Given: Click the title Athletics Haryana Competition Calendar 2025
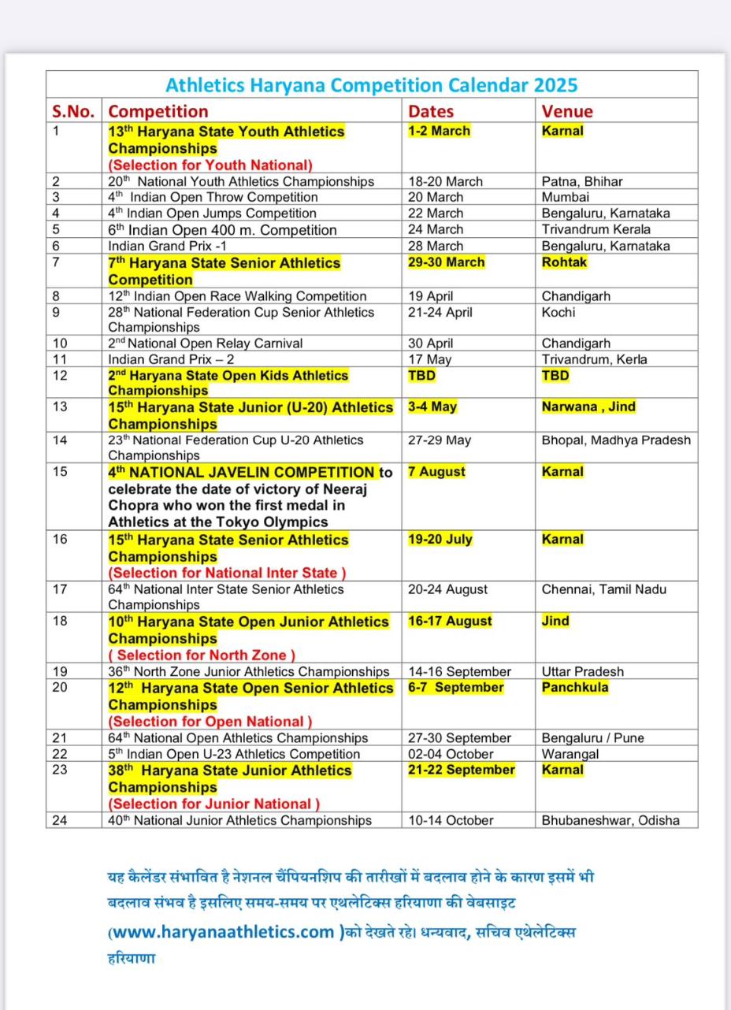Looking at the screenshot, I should [372, 85].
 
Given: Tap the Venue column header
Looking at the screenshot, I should [567, 111].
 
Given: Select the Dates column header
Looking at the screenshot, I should [431, 111].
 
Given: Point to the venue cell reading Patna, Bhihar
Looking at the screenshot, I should [582, 181].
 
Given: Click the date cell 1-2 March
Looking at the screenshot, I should [439, 131].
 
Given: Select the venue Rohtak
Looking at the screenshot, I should [564, 262].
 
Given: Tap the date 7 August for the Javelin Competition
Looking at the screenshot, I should [436, 472].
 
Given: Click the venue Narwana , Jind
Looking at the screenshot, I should [588, 407].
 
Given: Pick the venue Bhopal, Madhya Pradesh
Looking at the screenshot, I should [616, 440].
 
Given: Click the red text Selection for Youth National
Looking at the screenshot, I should [210, 165].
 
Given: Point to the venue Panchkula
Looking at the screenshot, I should [575, 688].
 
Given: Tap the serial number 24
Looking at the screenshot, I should [60, 820].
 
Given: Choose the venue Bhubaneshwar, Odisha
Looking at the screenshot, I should [610, 820].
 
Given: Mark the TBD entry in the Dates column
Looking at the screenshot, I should [421, 376].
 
